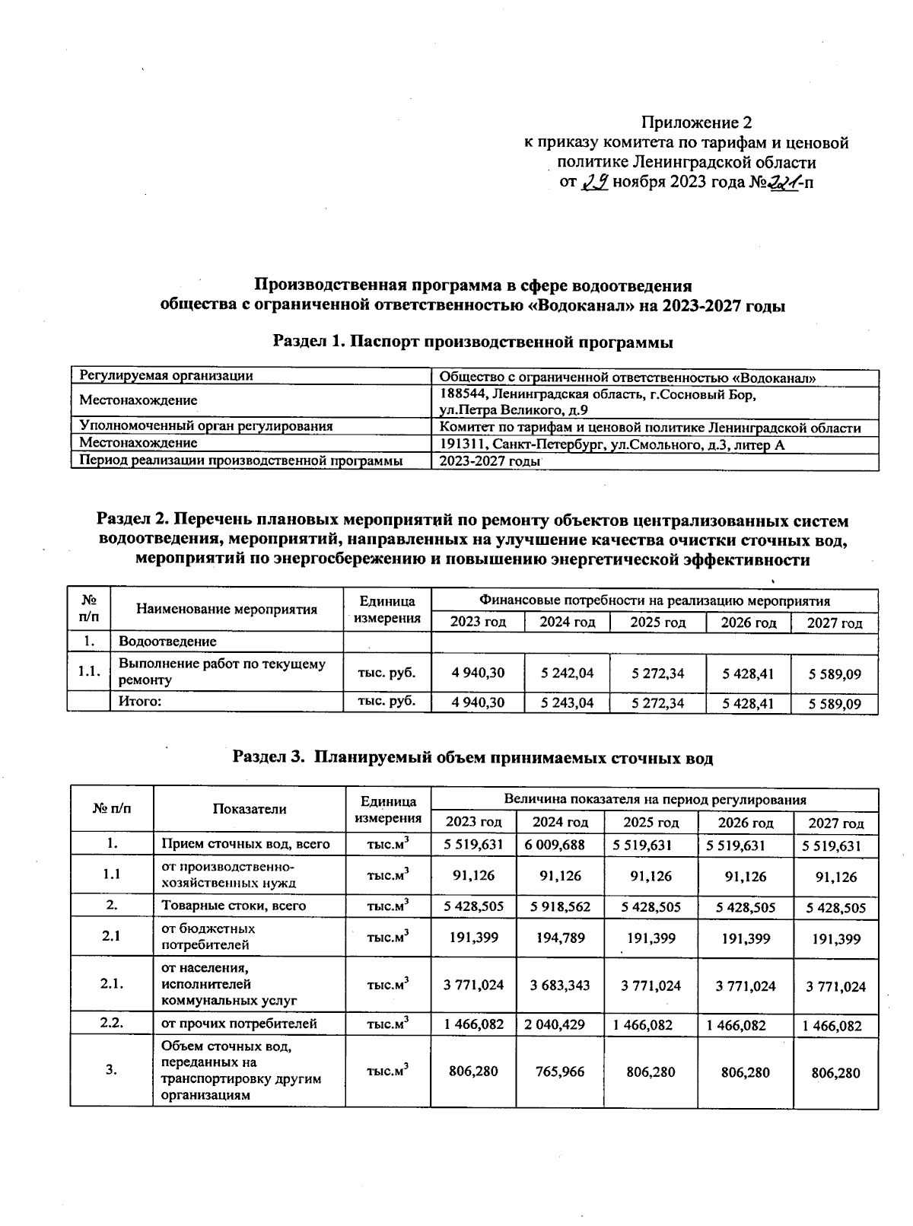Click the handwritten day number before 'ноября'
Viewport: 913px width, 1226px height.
(593, 183)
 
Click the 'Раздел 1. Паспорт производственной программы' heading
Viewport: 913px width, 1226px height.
(472, 342)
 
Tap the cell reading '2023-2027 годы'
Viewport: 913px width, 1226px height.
(487, 461)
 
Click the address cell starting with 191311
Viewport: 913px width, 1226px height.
(612, 444)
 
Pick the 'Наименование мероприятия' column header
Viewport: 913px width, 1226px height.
(227, 609)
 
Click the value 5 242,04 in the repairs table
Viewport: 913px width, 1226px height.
(568, 673)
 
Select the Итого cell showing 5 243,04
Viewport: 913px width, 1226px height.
(568, 703)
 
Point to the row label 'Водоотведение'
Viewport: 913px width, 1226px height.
(167, 642)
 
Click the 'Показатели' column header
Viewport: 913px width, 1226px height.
(249, 809)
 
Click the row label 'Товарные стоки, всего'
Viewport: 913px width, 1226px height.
(234, 906)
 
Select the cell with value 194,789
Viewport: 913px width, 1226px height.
(560, 938)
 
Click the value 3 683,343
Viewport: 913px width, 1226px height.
(560, 985)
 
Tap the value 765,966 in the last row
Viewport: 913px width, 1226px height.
(560, 1072)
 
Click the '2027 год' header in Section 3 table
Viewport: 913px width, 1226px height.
(835, 823)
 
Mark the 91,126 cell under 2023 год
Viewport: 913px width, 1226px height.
(473, 875)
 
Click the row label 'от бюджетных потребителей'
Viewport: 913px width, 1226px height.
(208, 937)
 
